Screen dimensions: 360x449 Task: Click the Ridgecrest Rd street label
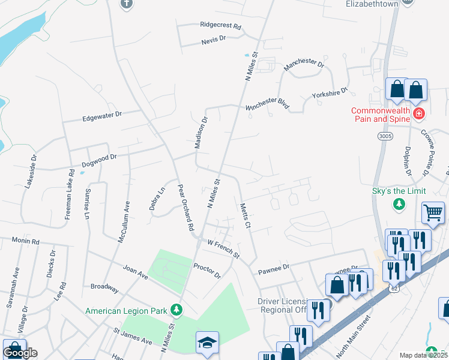click(x=220, y=27)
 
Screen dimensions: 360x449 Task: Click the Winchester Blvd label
click(x=267, y=106)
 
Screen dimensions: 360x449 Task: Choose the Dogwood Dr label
click(x=99, y=160)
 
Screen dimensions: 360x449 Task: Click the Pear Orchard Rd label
click(x=185, y=208)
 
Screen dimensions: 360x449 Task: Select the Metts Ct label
click(x=244, y=215)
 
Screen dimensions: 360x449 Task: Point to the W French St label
click(x=223, y=249)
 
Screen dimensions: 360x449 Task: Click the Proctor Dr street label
click(x=207, y=270)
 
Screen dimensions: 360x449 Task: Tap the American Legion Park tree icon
click(x=176, y=310)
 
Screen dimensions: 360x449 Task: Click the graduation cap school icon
click(x=207, y=342)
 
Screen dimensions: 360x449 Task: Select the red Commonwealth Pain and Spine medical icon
click(x=418, y=112)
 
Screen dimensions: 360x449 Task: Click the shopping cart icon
click(x=433, y=212)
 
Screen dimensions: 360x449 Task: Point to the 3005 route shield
click(x=385, y=137)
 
